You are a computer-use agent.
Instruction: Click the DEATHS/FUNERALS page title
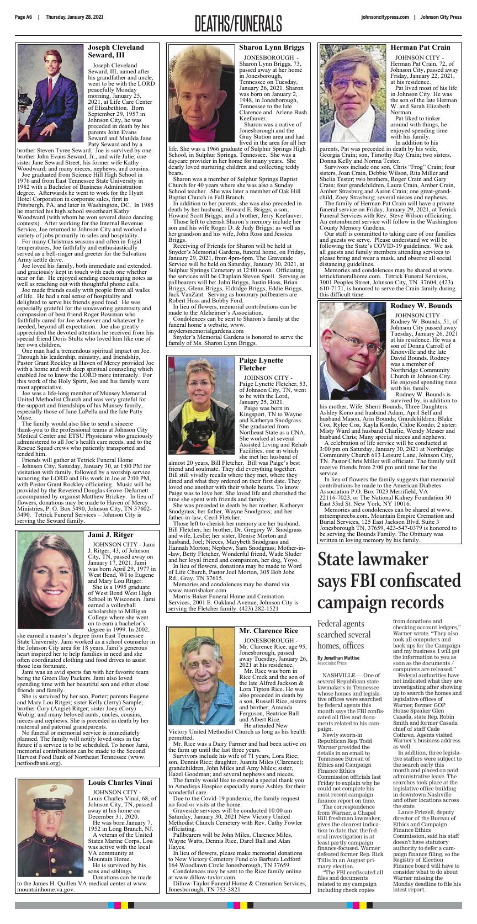tap(238, 23)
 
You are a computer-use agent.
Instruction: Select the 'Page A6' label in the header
tap(24, 17)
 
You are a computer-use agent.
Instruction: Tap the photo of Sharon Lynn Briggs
tap(202, 92)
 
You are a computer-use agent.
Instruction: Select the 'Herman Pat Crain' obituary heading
tap(420, 47)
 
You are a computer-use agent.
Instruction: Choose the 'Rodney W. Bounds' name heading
tap(421, 305)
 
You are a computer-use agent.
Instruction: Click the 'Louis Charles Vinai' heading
tap(120, 782)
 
